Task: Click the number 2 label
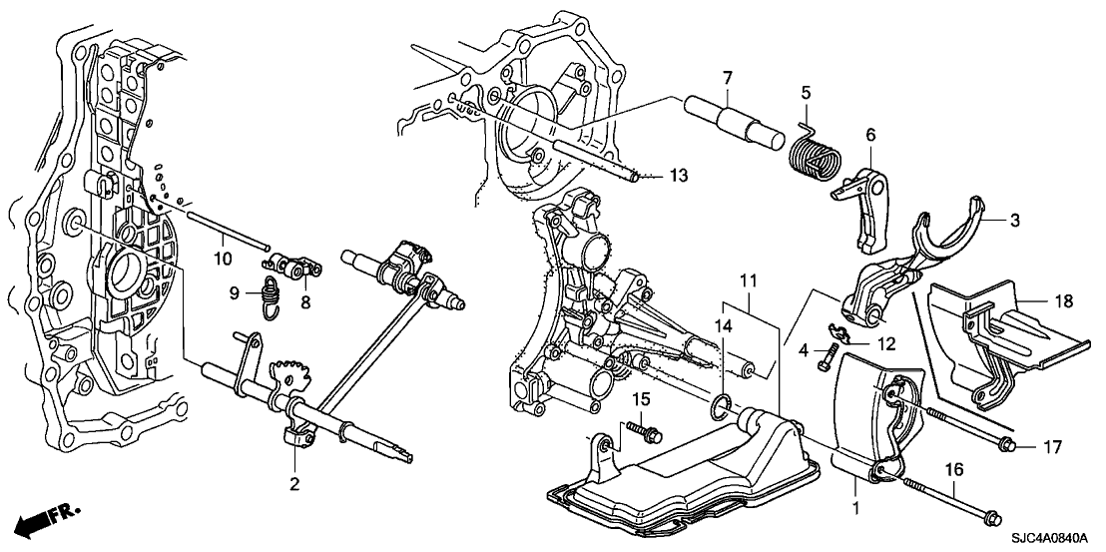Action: coord(294,485)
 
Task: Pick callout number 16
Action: coord(954,467)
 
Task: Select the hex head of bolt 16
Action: coord(991,517)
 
